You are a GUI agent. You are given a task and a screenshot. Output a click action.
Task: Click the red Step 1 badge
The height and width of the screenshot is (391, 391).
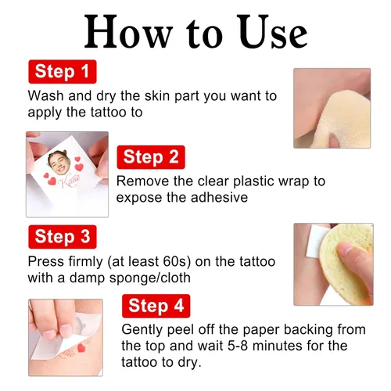pos(63,72)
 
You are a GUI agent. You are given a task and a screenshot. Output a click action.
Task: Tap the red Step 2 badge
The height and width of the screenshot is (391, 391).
pos(151,157)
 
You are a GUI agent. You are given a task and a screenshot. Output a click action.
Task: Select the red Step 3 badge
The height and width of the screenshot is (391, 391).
pos(63,237)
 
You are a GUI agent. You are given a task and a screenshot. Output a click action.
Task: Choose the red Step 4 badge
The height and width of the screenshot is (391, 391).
pos(156,306)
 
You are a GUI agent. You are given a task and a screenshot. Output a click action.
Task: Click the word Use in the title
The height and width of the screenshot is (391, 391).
pos(274,31)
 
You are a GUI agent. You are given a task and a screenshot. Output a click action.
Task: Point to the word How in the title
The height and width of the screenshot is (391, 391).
pos(128,31)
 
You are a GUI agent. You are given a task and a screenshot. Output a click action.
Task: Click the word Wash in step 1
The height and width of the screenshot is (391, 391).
pos(46,95)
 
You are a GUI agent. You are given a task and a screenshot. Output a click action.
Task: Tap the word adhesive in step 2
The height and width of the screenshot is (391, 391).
pos(219,197)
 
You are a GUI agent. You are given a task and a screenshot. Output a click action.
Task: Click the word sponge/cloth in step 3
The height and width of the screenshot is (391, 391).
pos(150,278)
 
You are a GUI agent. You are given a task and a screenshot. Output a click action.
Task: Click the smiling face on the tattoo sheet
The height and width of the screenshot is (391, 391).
pos(58,162)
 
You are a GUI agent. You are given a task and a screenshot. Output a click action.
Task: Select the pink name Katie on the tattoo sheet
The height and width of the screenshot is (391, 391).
pos(70,181)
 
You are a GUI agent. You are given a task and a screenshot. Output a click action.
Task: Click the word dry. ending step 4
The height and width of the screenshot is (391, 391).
pos(189,362)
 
